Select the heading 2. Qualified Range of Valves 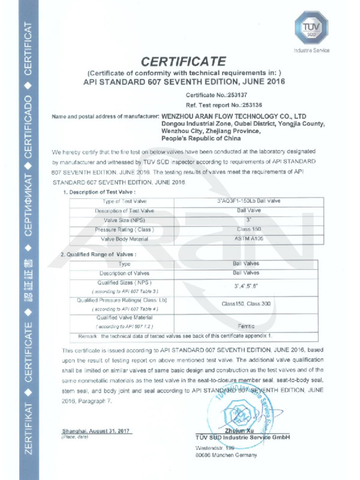(99, 254)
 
